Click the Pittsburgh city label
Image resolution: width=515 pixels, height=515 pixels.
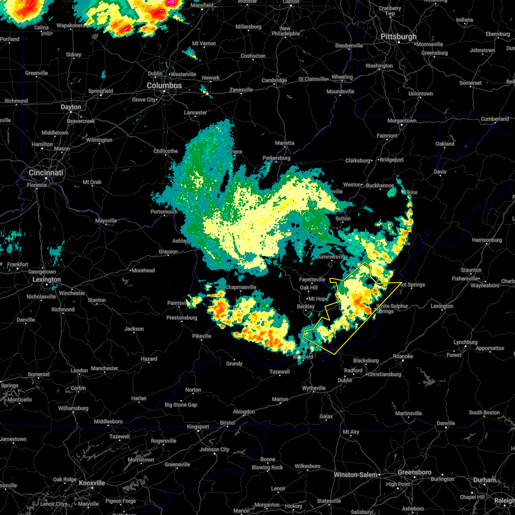[x=399, y=37]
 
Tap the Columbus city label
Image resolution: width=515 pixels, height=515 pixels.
[x=164, y=86]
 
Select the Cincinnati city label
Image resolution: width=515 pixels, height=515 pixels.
[x=46, y=173]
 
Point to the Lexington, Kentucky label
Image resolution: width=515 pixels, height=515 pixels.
[x=47, y=280]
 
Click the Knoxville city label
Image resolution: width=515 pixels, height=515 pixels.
[x=92, y=483]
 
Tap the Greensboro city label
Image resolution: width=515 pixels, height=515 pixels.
[x=415, y=473]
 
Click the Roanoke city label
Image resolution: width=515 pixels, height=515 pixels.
[x=403, y=357]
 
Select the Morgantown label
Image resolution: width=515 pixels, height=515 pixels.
[x=402, y=121]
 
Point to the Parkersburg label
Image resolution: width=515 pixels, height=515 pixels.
[x=276, y=158]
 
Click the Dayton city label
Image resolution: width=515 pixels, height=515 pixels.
[x=71, y=107]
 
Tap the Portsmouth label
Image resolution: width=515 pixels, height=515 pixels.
[x=164, y=212]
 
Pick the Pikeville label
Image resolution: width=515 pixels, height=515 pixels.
[x=202, y=336]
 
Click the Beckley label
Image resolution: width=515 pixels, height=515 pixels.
[x=306, y=307]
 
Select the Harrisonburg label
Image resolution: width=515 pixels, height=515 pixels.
[x=487, y=240]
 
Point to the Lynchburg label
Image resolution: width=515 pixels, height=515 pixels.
[x=465, y=342]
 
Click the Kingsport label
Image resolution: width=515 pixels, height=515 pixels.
[x=198, y=427]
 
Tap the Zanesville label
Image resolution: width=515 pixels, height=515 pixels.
[x=241, y=90]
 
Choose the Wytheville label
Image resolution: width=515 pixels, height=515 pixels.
[x=314, y=388]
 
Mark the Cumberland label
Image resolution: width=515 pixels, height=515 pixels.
[x=494, y=119]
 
